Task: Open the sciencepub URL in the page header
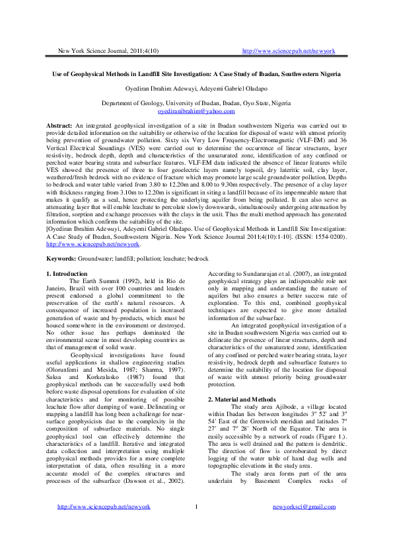(289, 51)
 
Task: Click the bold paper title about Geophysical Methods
(196, 75)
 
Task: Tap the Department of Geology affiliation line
(196, 104)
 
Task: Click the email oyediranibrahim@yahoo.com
(196, 111)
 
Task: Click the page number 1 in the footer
(196, 525)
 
